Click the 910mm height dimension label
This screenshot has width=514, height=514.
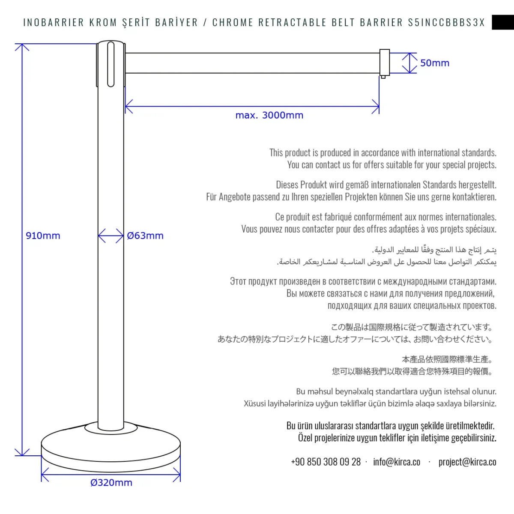point(43,236)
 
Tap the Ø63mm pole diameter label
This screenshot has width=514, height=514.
point(145,236)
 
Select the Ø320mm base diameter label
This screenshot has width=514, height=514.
point(111,483)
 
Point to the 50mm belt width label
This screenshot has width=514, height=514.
point(435,63)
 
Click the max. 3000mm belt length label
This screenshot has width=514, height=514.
point(269,115)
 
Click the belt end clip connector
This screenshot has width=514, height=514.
point(384,63)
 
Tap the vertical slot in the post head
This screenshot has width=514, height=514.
point(111,64)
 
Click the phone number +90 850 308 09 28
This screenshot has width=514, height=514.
point(326,462)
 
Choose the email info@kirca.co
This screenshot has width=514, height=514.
point(397,462)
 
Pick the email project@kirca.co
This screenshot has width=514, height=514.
point(467,462)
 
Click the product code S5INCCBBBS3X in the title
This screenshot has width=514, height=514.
point(446,23)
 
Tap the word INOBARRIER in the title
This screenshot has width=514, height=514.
point(54,23)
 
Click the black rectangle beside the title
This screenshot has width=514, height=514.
point(503,22)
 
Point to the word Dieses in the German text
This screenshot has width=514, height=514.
point(287,185)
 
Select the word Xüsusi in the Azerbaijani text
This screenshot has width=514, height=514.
point(255,403)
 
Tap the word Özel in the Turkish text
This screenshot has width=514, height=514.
point(305,438)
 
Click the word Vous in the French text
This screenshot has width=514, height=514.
point(249,229)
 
